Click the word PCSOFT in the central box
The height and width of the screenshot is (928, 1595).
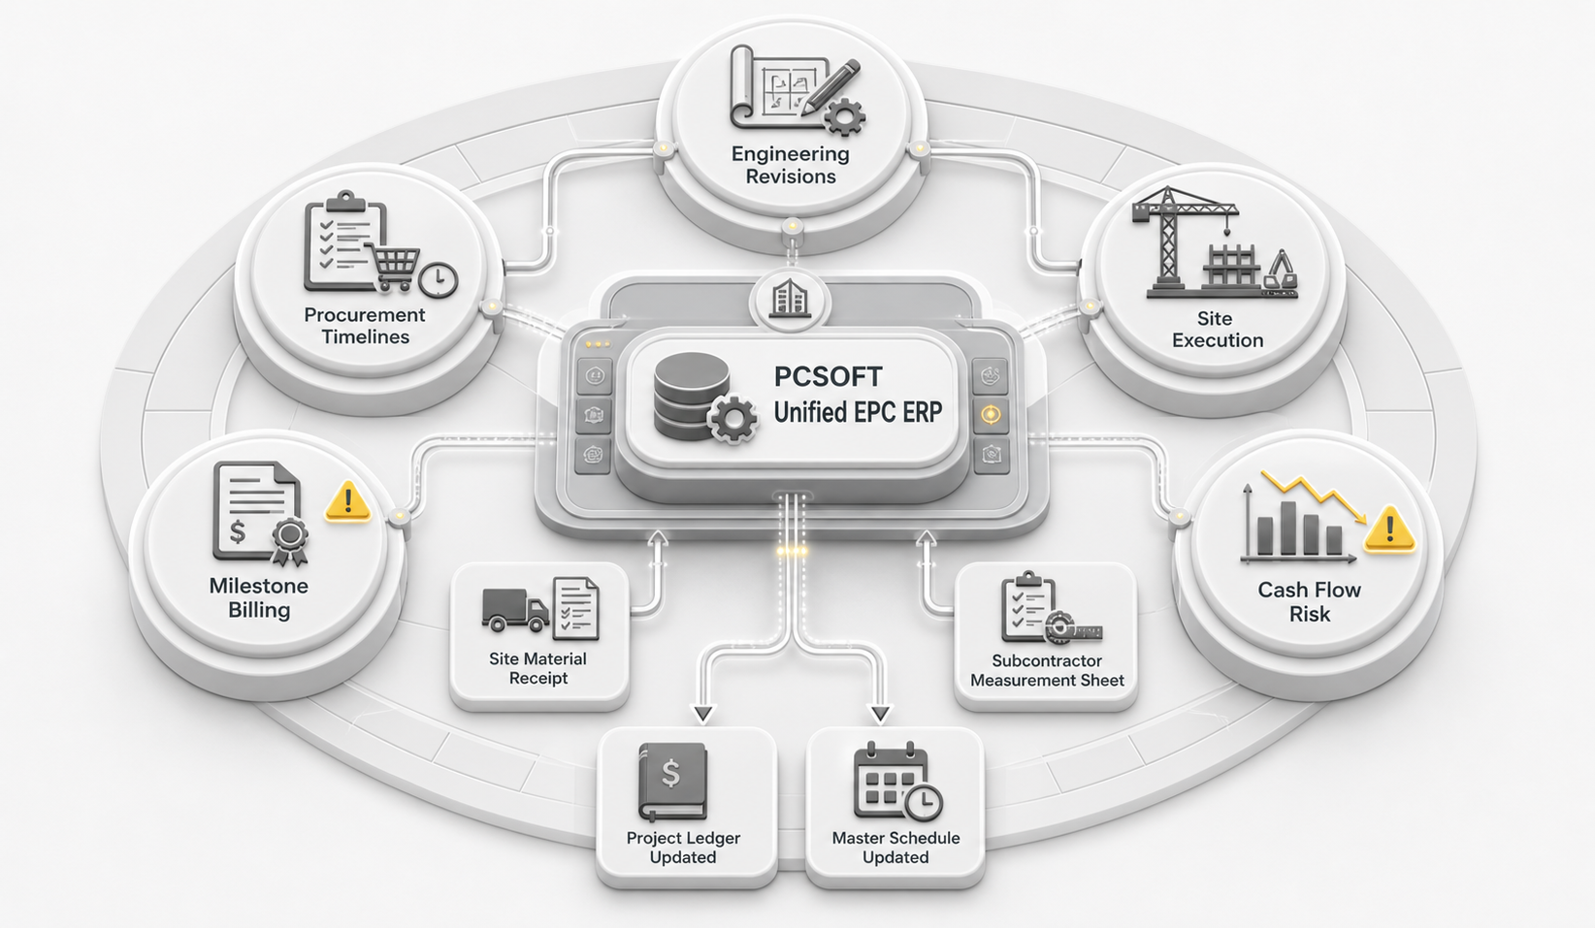(x=829, y=376)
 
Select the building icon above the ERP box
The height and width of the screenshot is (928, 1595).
(x=791, y=299)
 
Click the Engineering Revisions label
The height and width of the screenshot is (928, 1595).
(x=791, y=165)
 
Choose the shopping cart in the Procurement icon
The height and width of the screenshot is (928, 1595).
(x=392, y=266)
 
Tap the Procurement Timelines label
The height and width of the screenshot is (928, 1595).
(x=365, y=326)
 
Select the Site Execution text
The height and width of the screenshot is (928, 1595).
(x=1218, y=330)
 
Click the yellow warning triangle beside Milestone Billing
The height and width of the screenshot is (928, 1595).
(x=347, y=501)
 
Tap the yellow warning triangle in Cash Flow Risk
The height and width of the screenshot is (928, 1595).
(x=1389, y=529)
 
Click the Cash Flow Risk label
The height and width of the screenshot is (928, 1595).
(x=1310, y=601)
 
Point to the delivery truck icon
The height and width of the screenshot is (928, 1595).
(x=515, y=611)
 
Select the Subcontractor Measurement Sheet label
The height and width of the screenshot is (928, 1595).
(x=1047, y=670)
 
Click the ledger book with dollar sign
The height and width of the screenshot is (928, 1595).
(x=672, y=782)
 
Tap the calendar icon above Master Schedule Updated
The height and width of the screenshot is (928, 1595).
(x=897, y=781)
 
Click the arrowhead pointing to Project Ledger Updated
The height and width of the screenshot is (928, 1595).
(x=702, y=715)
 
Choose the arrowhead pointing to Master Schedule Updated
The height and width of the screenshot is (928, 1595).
(x=880, y=715)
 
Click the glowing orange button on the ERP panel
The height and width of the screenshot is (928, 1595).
(x=991, y=415)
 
